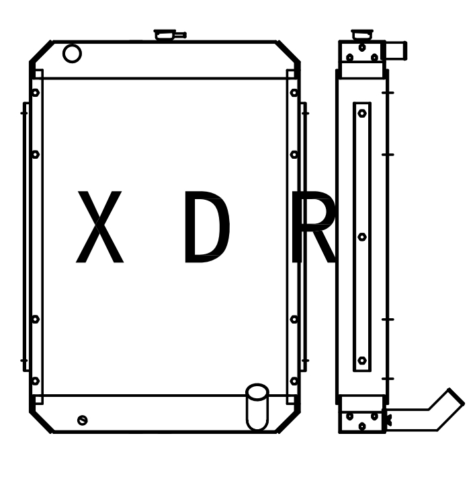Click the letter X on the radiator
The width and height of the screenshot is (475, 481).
coord(99,227)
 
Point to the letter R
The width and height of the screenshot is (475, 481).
coord(314,227)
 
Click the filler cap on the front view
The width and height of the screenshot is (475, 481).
coord(169,35)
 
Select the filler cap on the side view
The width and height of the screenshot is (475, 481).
coord(362,34)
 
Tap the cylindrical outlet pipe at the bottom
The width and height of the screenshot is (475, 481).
coord(257,407)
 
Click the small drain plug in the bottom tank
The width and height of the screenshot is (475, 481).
coord(83,420)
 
